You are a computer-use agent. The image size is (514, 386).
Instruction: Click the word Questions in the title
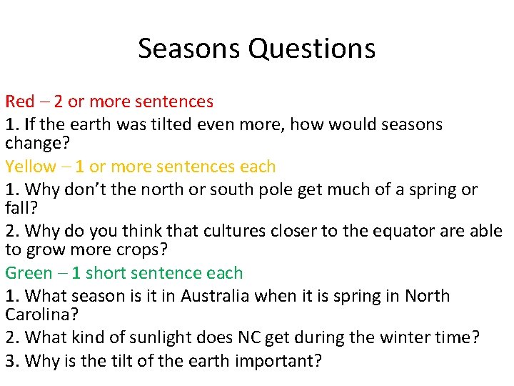point(312,49)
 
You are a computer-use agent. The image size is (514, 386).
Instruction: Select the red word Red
point(20,102)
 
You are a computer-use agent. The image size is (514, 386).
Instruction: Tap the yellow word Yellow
point(30,167)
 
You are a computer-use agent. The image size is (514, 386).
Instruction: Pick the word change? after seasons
point(36,144)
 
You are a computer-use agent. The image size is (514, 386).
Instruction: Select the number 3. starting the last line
point(12,361)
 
